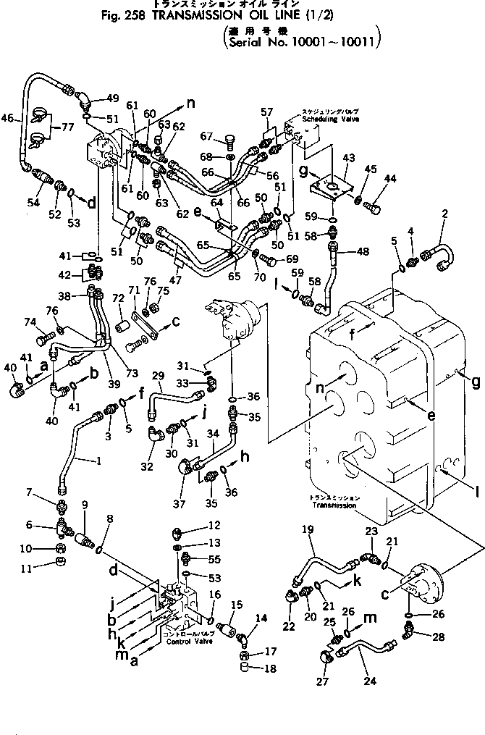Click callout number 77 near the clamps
[x=68, y=127]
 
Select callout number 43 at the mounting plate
[x=348, y=159]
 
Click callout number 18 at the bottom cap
[x=271, y=668]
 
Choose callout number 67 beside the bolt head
[x=206, y=135]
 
